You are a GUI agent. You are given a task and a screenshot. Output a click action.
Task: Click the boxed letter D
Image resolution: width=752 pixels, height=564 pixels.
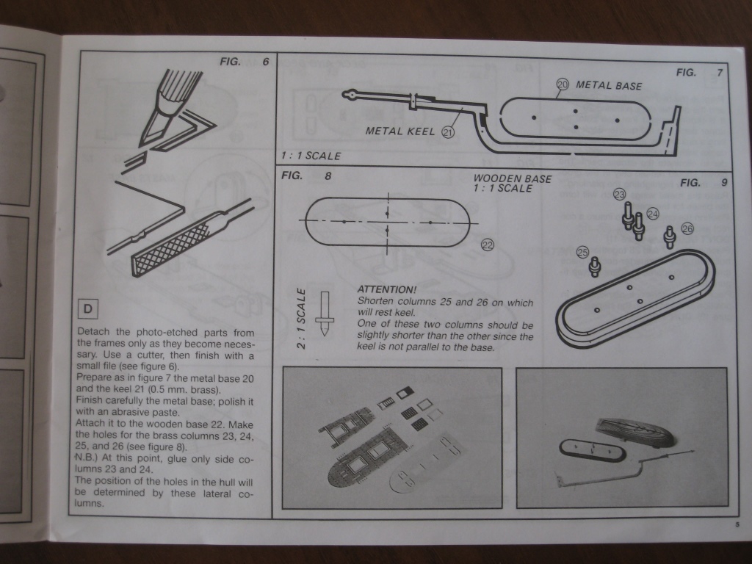coord(87,310)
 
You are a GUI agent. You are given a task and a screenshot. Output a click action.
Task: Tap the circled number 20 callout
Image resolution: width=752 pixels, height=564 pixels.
coord(563,85)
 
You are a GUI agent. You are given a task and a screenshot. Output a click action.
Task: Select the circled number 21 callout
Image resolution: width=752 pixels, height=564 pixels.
coord(448,132)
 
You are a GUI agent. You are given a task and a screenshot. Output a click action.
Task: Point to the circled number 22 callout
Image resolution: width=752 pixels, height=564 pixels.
coord(487,245)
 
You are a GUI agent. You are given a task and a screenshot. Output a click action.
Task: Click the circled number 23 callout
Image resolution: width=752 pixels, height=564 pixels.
coord(620,195)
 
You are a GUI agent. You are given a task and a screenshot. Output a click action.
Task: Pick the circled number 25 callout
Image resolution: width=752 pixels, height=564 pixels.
coord(583,253)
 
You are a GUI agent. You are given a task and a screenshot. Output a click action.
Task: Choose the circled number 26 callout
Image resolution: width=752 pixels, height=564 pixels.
coord(687,228)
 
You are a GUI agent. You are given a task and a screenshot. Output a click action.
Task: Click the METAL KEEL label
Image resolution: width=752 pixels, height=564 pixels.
coord(400,131)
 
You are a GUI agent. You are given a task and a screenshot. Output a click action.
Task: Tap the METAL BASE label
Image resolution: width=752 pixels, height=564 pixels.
coord(609,85)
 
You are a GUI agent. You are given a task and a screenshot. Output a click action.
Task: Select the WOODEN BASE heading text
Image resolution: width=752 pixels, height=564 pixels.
coord(513,178)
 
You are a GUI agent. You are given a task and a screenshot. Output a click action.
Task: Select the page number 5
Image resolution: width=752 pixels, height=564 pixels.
coord(736,524)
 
